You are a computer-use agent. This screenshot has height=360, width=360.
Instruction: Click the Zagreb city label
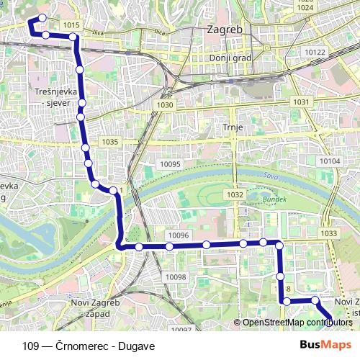point(225,30)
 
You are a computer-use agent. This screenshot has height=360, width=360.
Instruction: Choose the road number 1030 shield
point(165,105)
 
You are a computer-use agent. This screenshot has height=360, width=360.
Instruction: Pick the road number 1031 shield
point(301,102)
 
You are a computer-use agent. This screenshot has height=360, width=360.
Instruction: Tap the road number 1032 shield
point(234,194)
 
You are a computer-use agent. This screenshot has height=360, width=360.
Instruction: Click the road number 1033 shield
point(329,233)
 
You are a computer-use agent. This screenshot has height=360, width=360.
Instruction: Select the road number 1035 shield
point(109,142)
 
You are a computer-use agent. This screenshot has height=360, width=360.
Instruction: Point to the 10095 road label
point(171,164)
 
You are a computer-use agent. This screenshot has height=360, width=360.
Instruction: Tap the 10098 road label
point(175,277)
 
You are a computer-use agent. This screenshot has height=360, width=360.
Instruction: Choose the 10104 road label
point(329,161)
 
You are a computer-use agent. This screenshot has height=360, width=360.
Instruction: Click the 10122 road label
point(315,53)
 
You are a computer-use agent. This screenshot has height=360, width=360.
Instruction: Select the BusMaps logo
point(325,346)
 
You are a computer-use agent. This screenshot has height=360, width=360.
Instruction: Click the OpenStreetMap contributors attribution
point(297,323)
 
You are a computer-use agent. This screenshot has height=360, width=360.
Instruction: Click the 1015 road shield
point(71,25)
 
